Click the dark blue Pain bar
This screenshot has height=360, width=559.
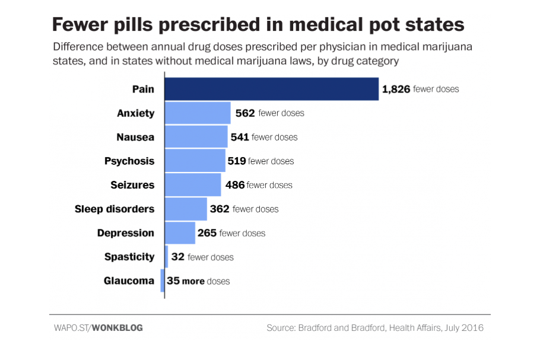[x=271, y=89]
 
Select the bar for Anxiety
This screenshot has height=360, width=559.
[x=197, y=113]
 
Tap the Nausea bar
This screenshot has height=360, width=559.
[x=196, y=137]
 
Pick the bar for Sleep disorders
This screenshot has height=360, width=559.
[x=186, y=209]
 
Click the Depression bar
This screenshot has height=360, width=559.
[x=180, y=233]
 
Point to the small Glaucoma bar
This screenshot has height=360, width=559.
[x=163, y=281]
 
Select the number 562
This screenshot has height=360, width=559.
[x=244, y=113]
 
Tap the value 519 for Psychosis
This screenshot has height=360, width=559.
[x=237, y=161]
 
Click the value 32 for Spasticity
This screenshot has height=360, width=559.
[x=177, y=257]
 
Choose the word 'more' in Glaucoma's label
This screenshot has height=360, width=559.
[x=193, y=281]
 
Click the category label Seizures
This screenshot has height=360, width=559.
[x=132, y=185]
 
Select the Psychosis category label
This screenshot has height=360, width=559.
[x=129, y=161]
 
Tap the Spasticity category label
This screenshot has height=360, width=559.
[x=129, y=257]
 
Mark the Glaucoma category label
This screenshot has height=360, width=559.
[x=129, y=281]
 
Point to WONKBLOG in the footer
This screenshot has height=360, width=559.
[x=118, y=327]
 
